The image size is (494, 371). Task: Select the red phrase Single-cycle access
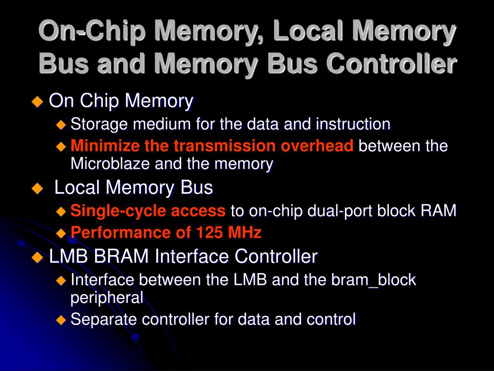148,211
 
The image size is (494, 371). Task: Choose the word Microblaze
110,164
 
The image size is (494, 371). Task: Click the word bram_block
373,280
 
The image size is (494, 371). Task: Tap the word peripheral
107,298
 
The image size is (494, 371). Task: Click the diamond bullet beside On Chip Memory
37,101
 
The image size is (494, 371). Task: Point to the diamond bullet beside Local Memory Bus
37,188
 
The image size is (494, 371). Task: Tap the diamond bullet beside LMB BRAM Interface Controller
37,257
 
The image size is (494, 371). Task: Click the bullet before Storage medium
61,125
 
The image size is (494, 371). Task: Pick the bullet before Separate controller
61,320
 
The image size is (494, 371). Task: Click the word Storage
100,125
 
